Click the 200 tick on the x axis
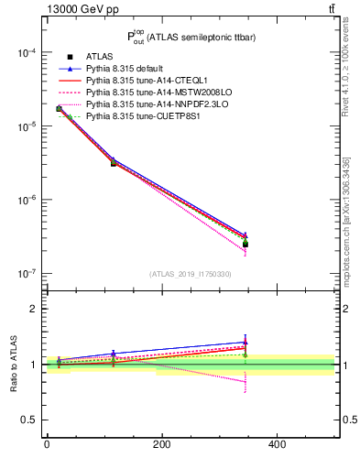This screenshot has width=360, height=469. point(162,444)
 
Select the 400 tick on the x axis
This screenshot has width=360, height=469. point(278,444)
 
